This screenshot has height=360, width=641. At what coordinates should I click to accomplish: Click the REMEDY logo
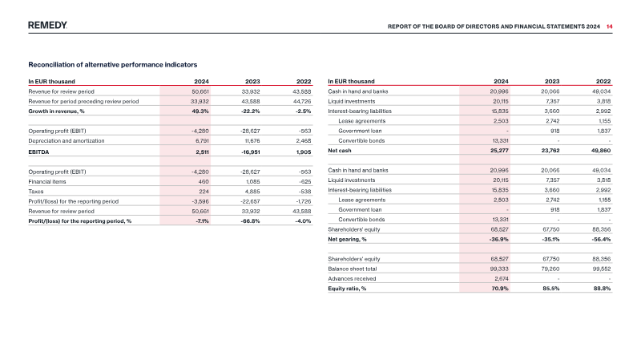click(x=47, y=26)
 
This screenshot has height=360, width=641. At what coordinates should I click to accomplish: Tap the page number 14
click(x=610, y=26)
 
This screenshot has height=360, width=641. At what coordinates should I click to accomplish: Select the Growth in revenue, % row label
click(x=56, y=111)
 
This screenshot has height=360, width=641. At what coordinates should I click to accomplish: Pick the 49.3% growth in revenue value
click(x=200, y=111)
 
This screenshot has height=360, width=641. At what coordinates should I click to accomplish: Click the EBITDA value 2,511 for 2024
click(x=202, y=152)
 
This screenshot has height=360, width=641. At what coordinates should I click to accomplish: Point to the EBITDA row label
click(x=38, y=152)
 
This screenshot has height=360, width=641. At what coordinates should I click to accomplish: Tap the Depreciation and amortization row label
click(x=67, y=141)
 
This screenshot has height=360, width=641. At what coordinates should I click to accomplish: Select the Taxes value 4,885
click(x=252, y=192)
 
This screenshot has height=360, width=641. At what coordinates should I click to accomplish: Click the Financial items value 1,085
click(x=252, y=182)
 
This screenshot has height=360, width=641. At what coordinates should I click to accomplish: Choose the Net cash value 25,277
click(x=499, y=151)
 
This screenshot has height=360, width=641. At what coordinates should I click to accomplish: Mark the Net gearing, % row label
click(x=347, y=239)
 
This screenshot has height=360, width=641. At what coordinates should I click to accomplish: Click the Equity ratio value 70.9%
click(x=500, y=289)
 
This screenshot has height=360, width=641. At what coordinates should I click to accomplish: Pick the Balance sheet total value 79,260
click(x=551, y=269)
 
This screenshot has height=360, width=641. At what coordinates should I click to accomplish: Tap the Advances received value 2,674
click(x=502, y=278)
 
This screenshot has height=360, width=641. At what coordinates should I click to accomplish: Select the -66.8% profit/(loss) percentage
click(x=250, y=221)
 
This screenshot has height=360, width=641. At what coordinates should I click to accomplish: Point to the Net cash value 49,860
click(x=602, y=151)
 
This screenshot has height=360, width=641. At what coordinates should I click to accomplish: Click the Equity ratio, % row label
click(x=347, y=289)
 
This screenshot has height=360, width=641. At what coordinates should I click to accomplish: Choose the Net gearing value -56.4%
click(x=601, y=239)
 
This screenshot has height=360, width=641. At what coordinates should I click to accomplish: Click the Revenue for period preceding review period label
click(x=83, y=102)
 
